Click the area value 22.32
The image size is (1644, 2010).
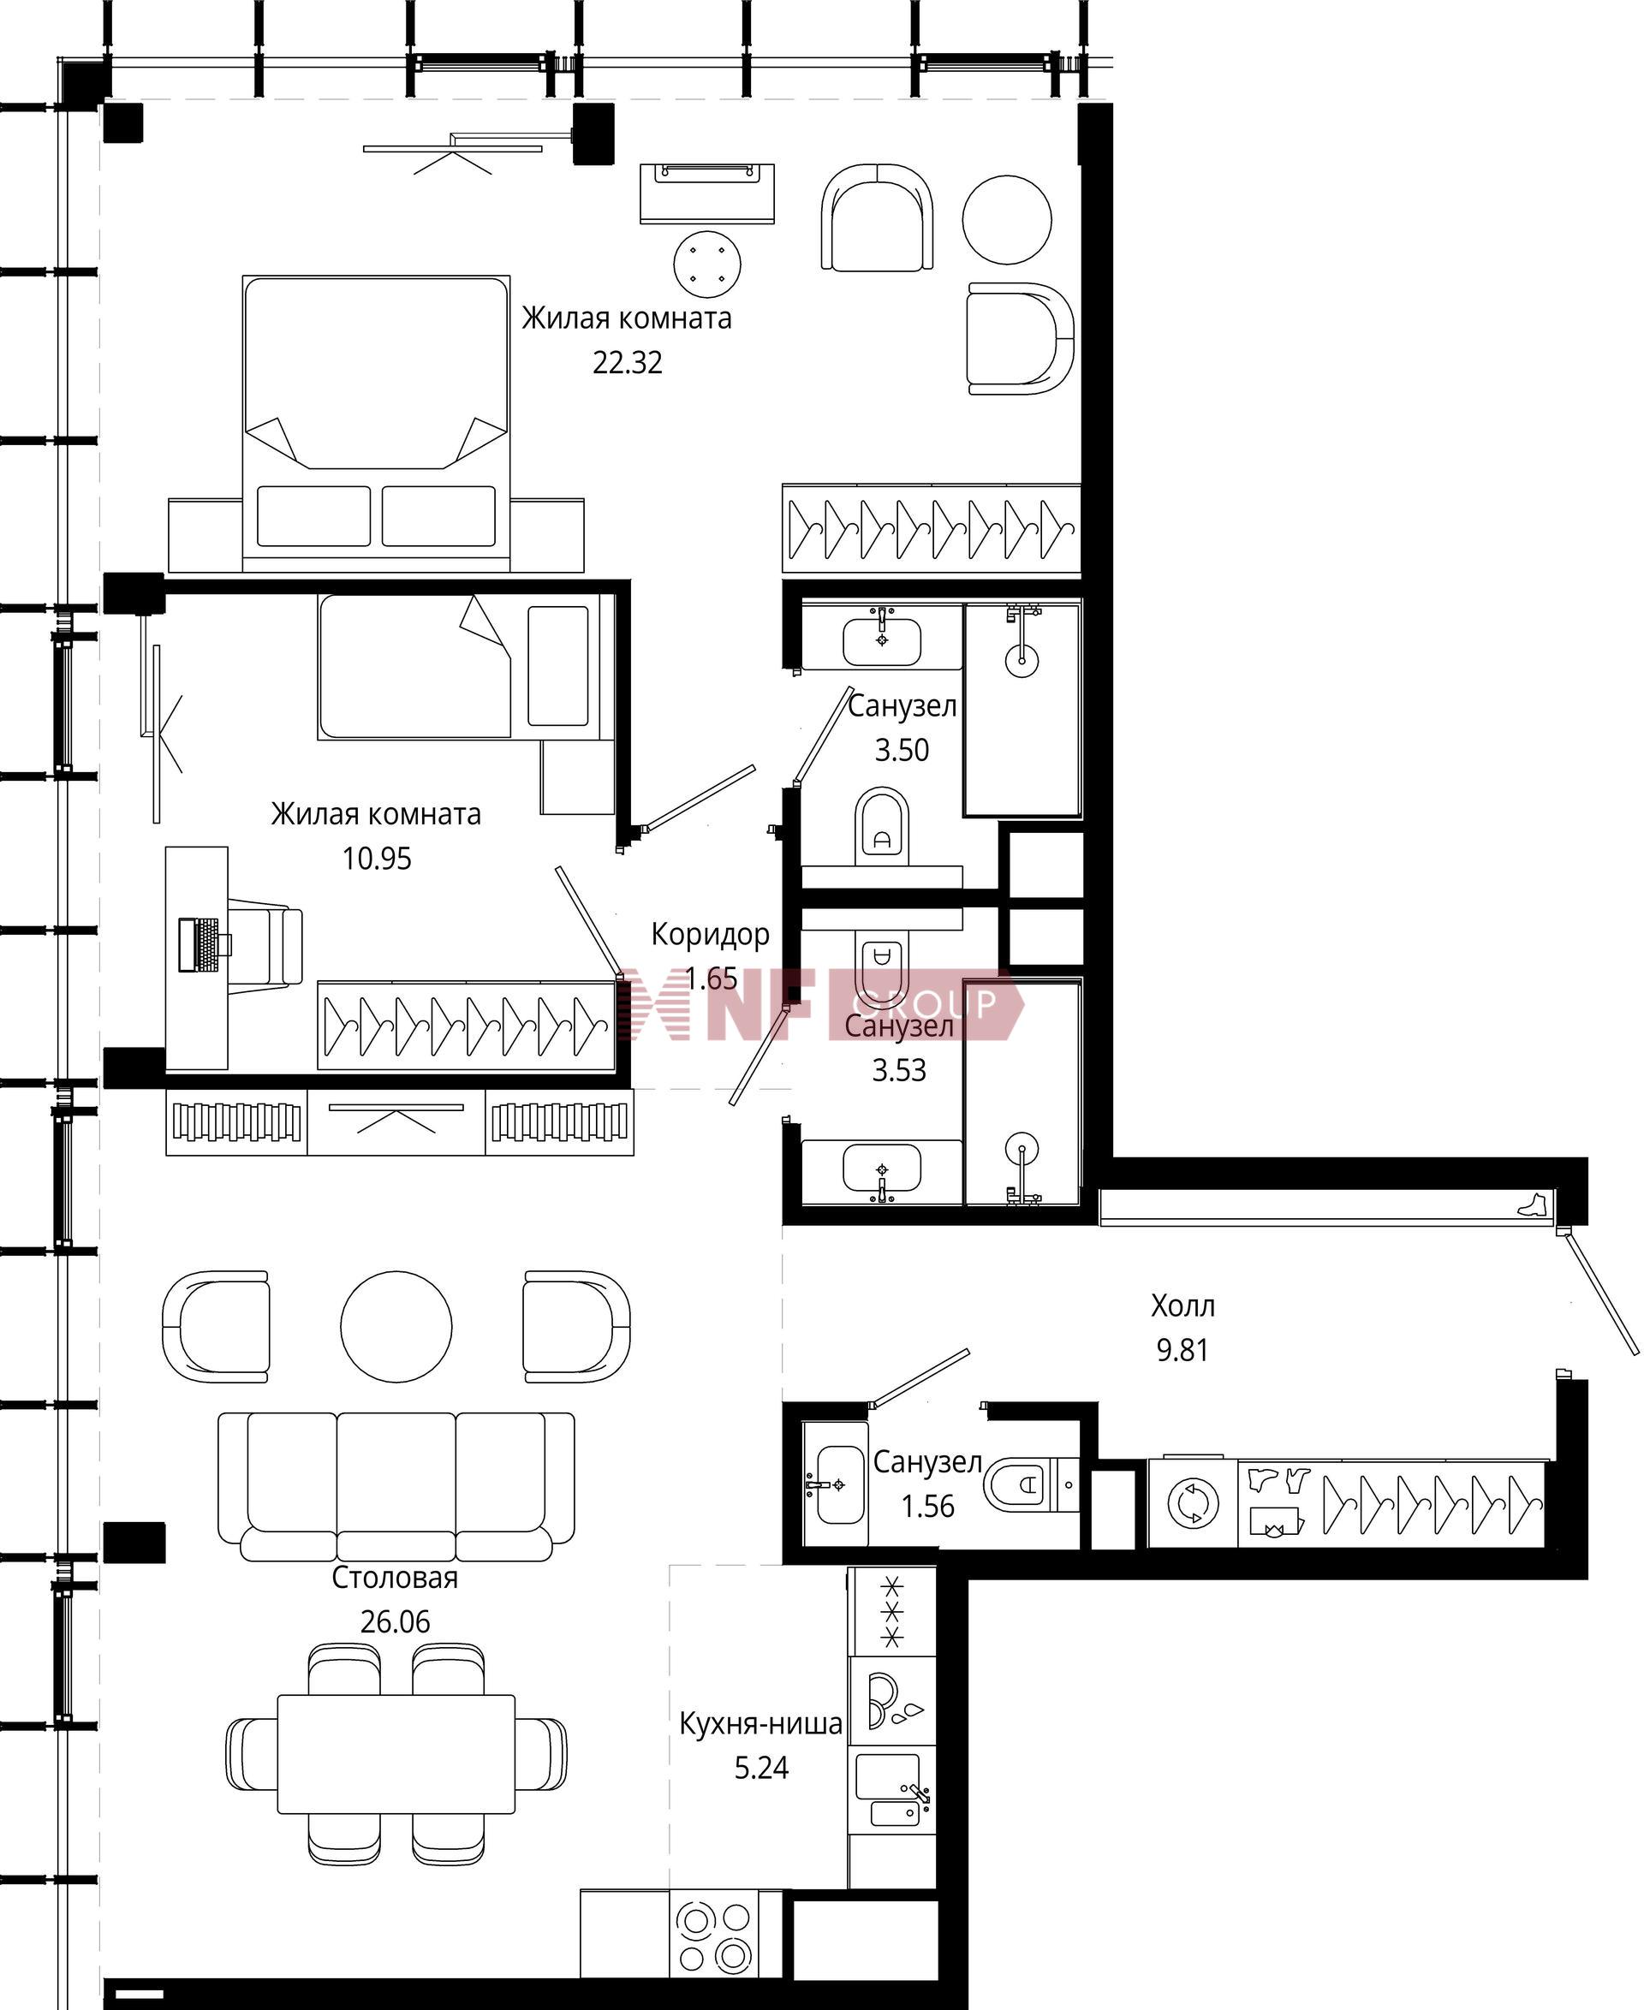pos(627,363)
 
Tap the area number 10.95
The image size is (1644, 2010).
pos(376,859)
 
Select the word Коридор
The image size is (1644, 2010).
pos(709,935)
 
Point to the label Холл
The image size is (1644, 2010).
pos(1182,1305)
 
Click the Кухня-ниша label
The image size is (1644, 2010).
pos(760,1723)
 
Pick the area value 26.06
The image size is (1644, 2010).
pos(395,1622)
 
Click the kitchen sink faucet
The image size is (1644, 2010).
pos(918,1794)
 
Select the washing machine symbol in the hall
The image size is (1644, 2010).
pos(1192,1503)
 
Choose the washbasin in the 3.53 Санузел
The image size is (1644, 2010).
pos(881,1169)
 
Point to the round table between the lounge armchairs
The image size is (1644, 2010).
pos(1007,220)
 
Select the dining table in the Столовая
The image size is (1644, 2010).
pos(396,1753)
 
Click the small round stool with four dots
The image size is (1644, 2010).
pos(707,265)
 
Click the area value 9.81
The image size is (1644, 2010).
pos(1182,1350)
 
